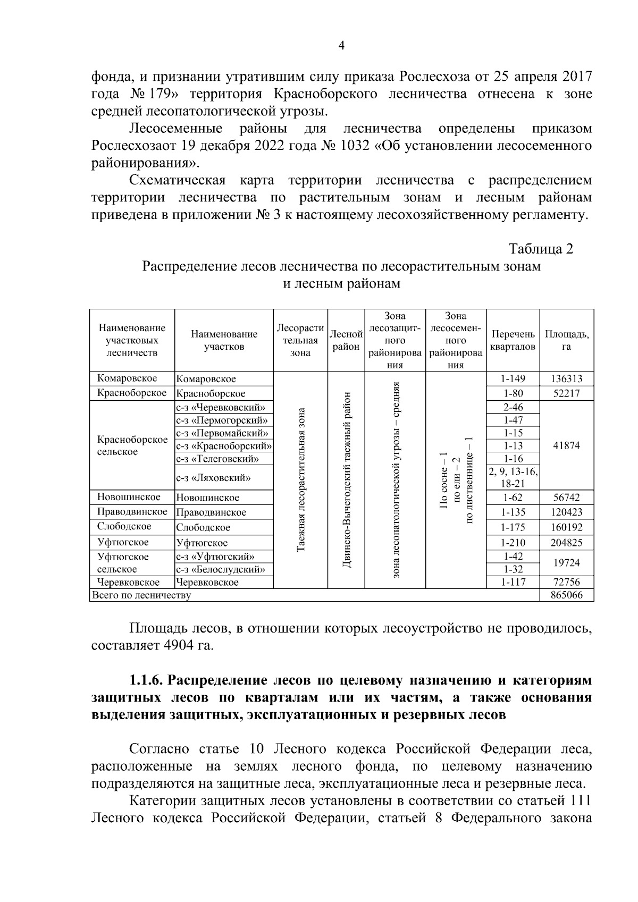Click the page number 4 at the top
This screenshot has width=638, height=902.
(x=342, y=46)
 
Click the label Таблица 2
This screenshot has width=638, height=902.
(x=541, y=249)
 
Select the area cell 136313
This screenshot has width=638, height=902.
(x=566, y=378)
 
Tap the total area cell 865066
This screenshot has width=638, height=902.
(x=566, y=595)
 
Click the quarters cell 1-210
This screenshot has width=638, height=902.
(x=513, y=543)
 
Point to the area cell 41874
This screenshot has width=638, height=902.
(x=566, y=445)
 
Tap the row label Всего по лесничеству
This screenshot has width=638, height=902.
(x=141, y=595)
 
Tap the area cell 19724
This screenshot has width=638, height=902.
(x=566, y=563)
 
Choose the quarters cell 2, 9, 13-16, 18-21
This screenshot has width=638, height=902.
(x=513, y=477)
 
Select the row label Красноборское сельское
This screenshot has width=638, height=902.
(x=132, y=445)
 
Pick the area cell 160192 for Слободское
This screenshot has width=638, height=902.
(x=566, y=527)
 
